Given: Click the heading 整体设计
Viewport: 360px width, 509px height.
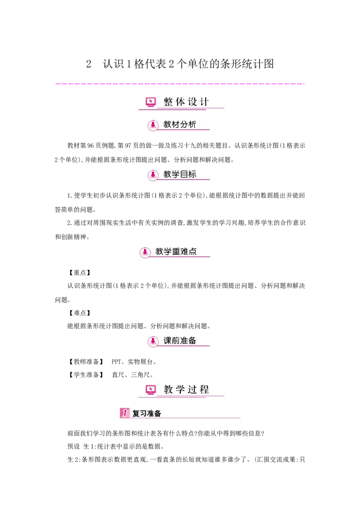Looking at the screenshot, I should [186, 102].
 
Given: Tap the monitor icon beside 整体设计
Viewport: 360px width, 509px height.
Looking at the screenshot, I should [151, 102].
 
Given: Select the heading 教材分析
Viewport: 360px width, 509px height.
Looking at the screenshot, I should [180, 125].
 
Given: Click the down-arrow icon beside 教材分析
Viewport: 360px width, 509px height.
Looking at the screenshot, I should [153, 125].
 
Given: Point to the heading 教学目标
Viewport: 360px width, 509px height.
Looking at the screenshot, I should [180, 174].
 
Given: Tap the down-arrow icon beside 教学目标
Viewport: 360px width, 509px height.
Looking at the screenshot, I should [153, 175].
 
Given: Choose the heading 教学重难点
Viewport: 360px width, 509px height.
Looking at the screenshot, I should [176, 252].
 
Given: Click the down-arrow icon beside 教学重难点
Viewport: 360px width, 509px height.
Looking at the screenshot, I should [145, 252].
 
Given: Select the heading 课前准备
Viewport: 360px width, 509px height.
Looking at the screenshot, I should [180, 341].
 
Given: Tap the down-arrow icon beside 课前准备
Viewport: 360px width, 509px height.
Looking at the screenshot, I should [153, 341].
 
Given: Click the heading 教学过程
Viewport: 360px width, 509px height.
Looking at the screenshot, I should [186, 390].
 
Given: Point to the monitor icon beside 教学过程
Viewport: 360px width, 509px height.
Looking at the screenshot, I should [151, 390].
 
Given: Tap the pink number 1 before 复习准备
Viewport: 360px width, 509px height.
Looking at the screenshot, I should [125, 413].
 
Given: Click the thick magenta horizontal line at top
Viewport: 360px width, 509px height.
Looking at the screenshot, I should [180, 84].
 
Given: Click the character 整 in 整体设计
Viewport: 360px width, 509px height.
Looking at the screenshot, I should [168, 102].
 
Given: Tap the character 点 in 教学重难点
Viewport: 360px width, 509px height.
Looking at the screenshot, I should [193, 252].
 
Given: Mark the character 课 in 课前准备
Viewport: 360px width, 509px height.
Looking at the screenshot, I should [167, 341].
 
